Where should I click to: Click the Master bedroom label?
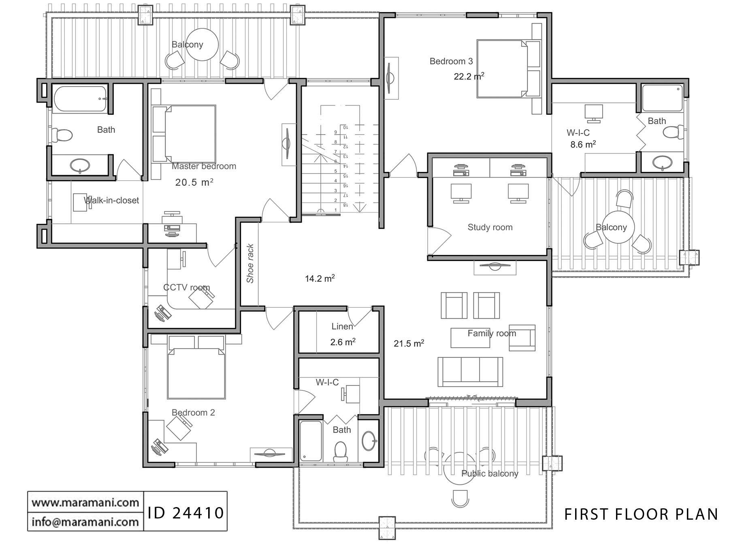pos(204,166)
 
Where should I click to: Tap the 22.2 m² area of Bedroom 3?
pos(469,76)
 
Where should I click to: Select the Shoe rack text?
pos(250,263)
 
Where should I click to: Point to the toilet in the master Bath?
pos(62,134)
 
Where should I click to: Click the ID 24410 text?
pos(185,513)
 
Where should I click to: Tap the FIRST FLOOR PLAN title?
pos(641,514)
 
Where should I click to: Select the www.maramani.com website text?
pos(85,503)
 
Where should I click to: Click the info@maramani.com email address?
pos(85,521)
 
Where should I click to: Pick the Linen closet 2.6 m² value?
pos(343,342)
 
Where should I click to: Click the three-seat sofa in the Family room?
pos(470,372)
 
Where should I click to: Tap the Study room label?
pos(490,227)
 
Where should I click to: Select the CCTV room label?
pos(186,287)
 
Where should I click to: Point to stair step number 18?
pos(345,205)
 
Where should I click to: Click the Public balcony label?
pos(489,473)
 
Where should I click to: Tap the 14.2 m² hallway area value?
pos(320,278)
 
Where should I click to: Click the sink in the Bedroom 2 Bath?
pos(369,441)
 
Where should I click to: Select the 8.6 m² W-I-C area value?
pos(583,144)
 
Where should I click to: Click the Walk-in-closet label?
pos(111,200)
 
